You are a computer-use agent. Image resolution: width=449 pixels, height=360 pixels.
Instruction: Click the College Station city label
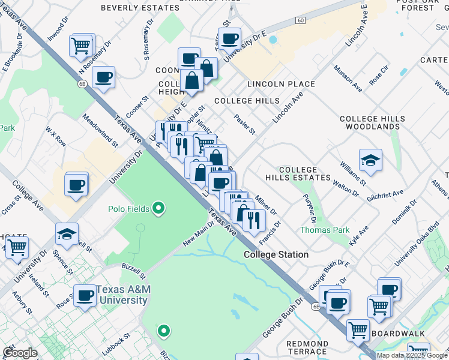276,254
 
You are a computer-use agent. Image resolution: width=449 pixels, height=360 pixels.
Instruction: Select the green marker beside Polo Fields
158,209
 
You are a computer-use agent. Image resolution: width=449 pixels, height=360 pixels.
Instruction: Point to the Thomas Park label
316,230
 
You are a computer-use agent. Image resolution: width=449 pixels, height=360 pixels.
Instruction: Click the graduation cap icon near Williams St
370,161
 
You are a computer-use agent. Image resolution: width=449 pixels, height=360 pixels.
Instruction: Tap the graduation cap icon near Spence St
67,235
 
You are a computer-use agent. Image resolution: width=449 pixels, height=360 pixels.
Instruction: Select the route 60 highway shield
301,20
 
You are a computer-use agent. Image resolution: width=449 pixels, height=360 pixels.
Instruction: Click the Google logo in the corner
20,353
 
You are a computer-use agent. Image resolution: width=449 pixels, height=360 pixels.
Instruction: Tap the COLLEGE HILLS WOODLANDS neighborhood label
369,123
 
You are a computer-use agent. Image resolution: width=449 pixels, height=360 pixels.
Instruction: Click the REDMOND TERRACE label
307,348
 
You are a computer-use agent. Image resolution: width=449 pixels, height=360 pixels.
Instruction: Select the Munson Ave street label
348,79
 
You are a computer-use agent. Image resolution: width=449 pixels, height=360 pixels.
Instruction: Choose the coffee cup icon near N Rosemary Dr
103,78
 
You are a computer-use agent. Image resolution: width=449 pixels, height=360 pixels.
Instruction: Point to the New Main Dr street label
198,233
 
